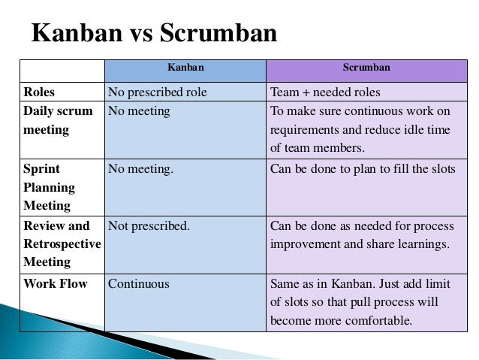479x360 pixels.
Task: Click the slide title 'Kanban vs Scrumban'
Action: (x=154, y=34)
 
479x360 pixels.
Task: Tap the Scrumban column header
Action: (x=366, y=68)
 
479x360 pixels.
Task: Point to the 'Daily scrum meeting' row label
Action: (x=58, y=120)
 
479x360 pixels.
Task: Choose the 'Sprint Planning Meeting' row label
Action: (x=50, y=187)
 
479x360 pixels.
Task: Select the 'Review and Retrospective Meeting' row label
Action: (x=62, y=244)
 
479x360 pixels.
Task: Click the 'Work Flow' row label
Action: (x=55, y=284)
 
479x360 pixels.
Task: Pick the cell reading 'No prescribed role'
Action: (x=157, y=92)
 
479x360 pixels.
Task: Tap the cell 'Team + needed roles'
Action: (x=325, y=92)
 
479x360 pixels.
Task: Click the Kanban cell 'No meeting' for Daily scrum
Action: (x=139, y=111)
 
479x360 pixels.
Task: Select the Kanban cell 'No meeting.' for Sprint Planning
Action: (x=140, y=169)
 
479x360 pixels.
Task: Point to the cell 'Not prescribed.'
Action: (x=149, y=225)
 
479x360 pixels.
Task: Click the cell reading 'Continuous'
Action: (x=139, y=284)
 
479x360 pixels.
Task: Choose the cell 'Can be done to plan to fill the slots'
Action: (x=363, y=169)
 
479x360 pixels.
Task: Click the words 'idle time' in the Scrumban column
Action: (x=427, y=130)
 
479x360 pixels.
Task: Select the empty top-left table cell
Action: (x=62, y=71)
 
